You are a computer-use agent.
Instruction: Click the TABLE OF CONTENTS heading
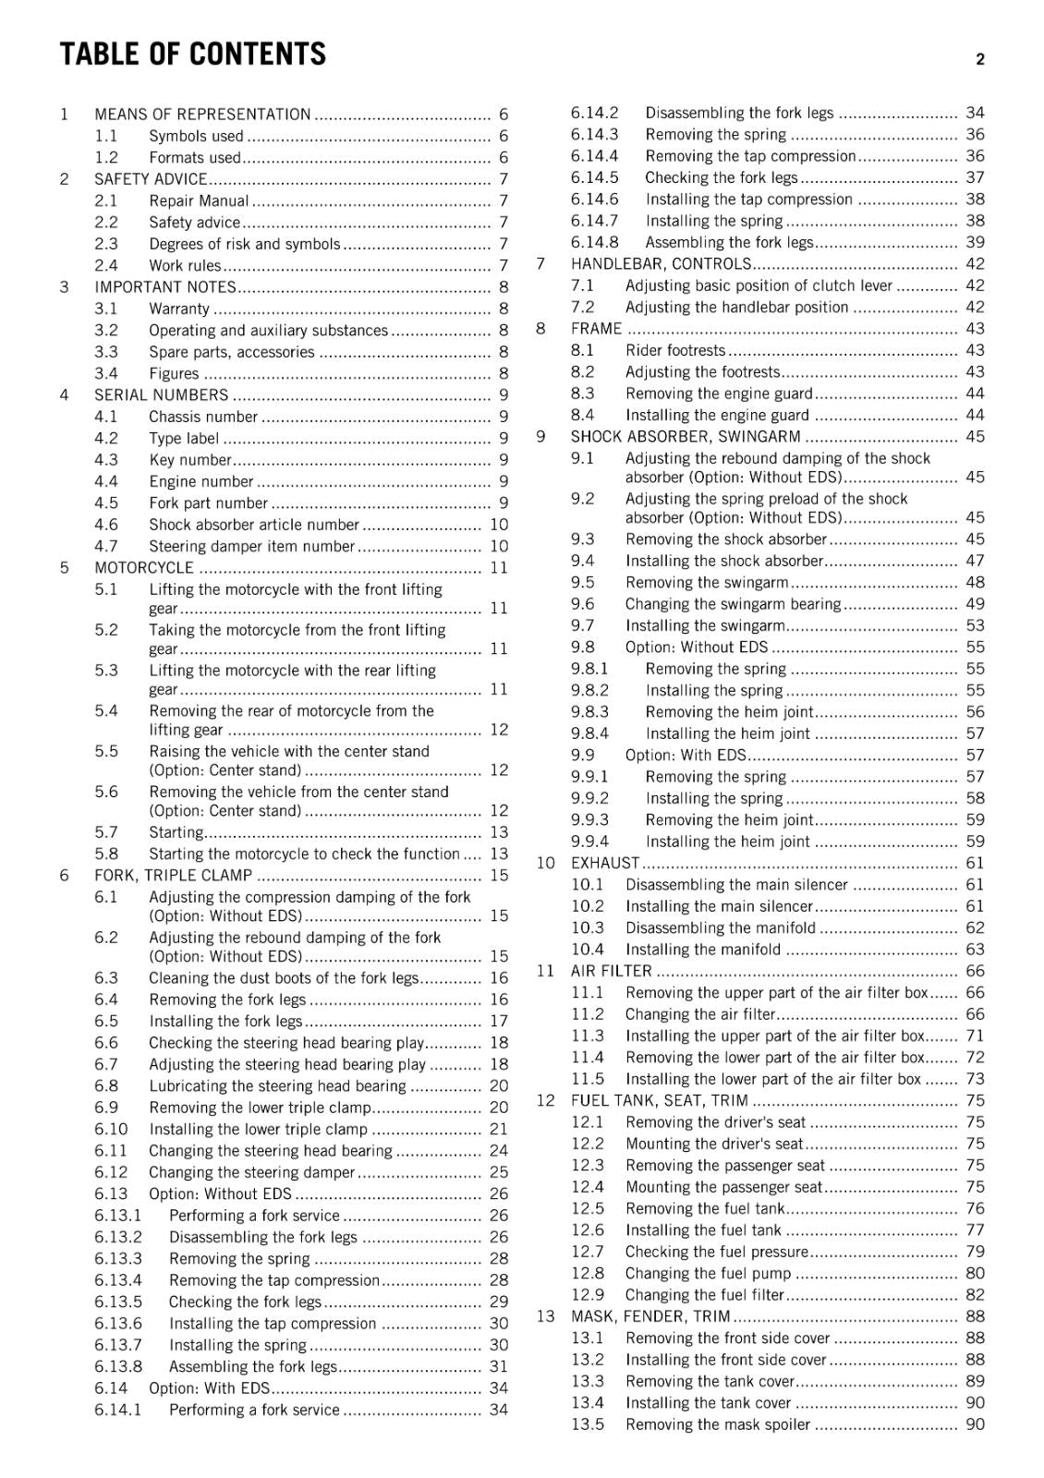[192, 55]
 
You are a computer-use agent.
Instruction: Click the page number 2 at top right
[979, 59]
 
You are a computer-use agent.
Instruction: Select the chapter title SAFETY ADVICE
[151, 179]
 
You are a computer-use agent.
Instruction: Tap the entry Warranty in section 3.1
[179, 309]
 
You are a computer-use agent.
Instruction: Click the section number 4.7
[106, 546]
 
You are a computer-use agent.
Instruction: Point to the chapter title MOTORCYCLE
[144, 568]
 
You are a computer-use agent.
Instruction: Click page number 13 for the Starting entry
[499, 832]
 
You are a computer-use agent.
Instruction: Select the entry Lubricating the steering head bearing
[277, 1086]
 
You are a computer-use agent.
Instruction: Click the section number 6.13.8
[118, 1367]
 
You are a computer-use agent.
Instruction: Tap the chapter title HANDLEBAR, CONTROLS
[661, 264]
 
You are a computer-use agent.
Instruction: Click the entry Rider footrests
[675, 350]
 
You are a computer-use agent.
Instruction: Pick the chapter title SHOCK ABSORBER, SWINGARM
[686, 437]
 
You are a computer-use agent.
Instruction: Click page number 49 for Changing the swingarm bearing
[975, 604]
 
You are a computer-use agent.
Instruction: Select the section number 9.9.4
[589, 842]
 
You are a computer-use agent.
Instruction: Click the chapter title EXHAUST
[604, 863]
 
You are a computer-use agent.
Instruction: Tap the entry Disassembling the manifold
[721, 928]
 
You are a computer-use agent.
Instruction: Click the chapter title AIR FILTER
[611, 971]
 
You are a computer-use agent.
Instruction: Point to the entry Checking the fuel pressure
[717, 1252]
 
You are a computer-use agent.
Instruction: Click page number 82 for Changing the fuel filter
[975, 1295]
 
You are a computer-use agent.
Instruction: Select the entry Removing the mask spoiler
[718, 1424]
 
